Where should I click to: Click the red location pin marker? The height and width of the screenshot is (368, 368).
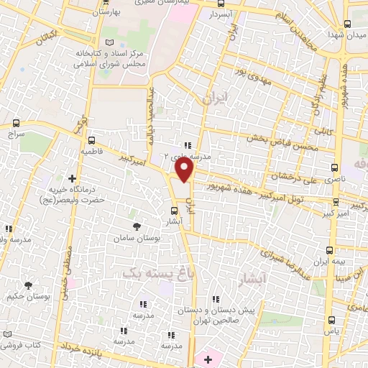click(185, 170)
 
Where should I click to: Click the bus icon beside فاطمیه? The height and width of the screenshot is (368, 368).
click(92, 142)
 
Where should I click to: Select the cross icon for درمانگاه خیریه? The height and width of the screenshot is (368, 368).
click(71, 178)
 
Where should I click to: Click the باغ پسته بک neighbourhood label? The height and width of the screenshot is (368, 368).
click(151, 273)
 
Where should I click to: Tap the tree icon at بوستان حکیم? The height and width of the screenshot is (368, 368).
click(28, 285)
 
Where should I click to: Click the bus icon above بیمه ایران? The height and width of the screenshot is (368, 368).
click(329, 250)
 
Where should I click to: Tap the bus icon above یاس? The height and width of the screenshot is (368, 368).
click(331, 321)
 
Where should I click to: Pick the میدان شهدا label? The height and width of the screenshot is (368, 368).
click(344, 34)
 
